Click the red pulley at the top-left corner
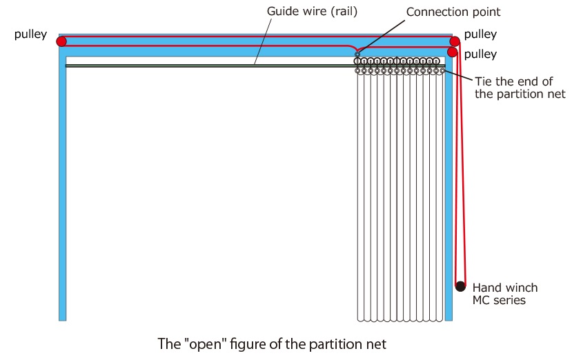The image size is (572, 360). [61, 41]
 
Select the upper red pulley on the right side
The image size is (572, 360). [454, 41]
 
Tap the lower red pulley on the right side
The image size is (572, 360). [453, 52]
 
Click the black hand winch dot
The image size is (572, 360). [460, 286]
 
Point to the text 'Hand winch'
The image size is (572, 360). [504, 288]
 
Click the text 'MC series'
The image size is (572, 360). [500, 300]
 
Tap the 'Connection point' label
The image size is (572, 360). [453, 12]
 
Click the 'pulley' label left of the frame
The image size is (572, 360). [30, 34]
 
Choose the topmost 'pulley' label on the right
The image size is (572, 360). [480, 34]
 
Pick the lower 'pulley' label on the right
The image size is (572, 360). [480, 53]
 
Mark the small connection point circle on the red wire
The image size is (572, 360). [357, 54]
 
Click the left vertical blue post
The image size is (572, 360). [63, 193]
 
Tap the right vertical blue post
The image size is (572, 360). [448, 193]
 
